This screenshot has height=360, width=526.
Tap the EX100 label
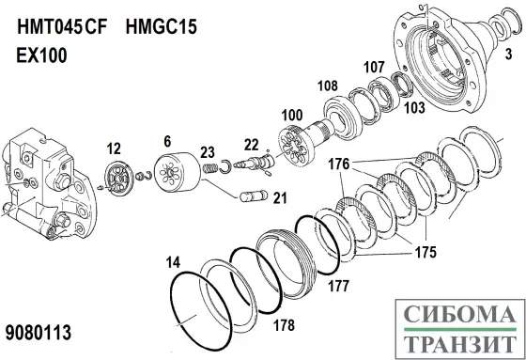pos(43,55)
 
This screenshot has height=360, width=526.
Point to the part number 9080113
pos(39,334)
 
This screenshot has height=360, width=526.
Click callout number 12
pos(114,148)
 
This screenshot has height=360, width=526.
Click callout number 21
pos(281,198)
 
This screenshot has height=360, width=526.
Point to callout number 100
pos(292,115)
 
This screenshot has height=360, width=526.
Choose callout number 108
pos(326,86)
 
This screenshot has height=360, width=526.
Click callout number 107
pos(375,67)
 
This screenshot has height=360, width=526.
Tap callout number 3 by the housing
pos(508,56)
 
